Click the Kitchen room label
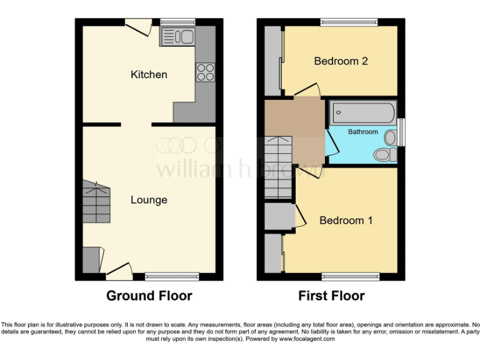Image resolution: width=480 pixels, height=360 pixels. click(149, 74)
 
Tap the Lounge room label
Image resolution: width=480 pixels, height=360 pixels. click(149, 200)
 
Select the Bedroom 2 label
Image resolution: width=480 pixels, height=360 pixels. click(341, 61)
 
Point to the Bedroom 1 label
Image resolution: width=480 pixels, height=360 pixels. click(346, 221)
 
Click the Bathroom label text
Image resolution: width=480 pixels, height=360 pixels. click(363, 132)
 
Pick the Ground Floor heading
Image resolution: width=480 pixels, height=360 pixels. click(149, 296)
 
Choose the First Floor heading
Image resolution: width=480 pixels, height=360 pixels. click(331, 296)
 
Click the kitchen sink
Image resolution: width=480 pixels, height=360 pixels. click(178, 37)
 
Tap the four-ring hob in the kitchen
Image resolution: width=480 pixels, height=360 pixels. click(205, 72)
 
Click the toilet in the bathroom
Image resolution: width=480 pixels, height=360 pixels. click(382, 154)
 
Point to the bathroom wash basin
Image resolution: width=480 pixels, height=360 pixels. click(391, 137)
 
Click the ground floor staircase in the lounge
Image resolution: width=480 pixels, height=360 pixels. click(97, 201)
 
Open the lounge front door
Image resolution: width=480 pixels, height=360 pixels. click(119, 270)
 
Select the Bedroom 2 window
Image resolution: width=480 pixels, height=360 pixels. click(349, 22)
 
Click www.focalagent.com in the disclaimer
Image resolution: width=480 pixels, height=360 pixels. click(307, 339)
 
